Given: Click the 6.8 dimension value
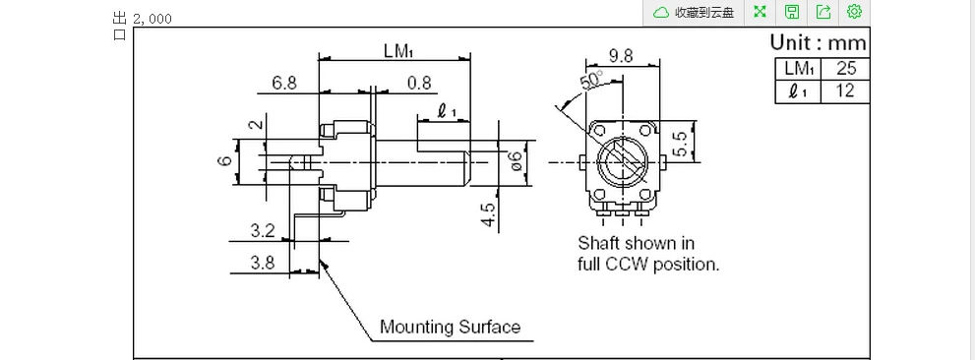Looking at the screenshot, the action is point(284,82).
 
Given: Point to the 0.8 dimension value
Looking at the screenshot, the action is point(419,82).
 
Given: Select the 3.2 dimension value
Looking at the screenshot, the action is point(263,231).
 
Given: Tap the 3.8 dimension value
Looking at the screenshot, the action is point(263,263).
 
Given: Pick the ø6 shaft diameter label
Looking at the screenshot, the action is point(516,161).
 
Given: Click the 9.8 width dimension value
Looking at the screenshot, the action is point(621,56).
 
